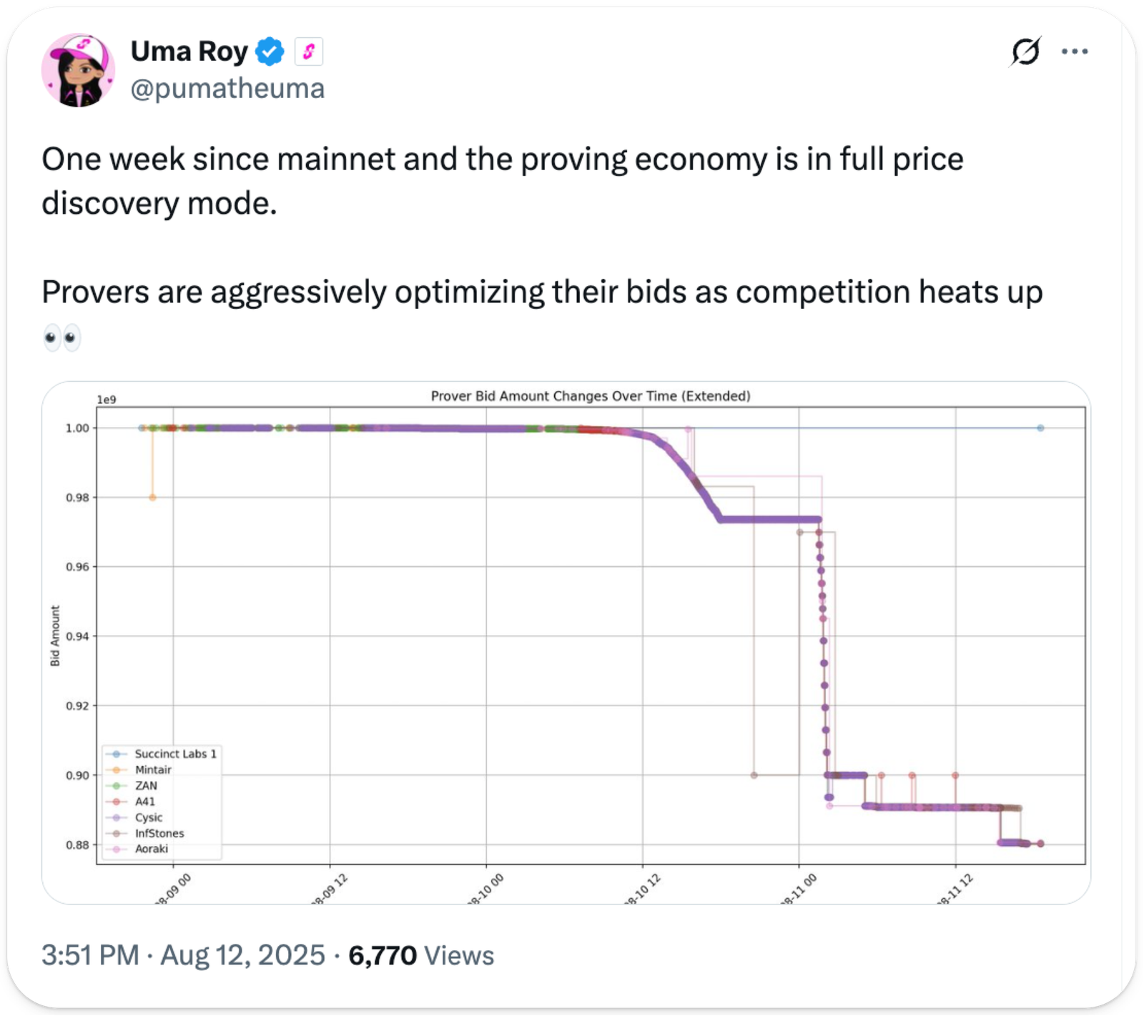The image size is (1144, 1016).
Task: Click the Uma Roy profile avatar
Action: (x=78, y=70)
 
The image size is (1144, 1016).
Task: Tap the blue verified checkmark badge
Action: (x=270, y=51)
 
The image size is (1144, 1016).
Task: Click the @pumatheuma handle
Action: (x=227, y=89)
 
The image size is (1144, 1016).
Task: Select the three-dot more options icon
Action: (x=1075, y=51)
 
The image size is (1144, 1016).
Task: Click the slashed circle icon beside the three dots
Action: (x=1026, y=51)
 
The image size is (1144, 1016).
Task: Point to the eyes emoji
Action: (x=61, y=337)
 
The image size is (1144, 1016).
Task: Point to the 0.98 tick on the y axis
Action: (x=77, y=498)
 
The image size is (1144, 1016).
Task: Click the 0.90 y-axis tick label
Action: (x=77, y=776)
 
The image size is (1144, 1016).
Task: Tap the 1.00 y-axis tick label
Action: (x=77, y=428)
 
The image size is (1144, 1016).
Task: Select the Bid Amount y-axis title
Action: (x=55, y=636)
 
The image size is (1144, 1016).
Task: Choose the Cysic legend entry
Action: (x=149, y=817)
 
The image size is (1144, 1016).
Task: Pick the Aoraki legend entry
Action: (x=152, y=849)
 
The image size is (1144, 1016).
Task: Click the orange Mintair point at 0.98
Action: (x=152, y=498)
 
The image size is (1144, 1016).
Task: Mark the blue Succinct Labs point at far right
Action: (x=1040, y=428)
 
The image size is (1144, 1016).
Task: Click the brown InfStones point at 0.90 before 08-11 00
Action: (x=754, y=775)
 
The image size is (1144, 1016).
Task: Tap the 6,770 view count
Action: (x=382, y=955)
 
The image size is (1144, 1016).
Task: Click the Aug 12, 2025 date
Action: (x=242, y=955)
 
